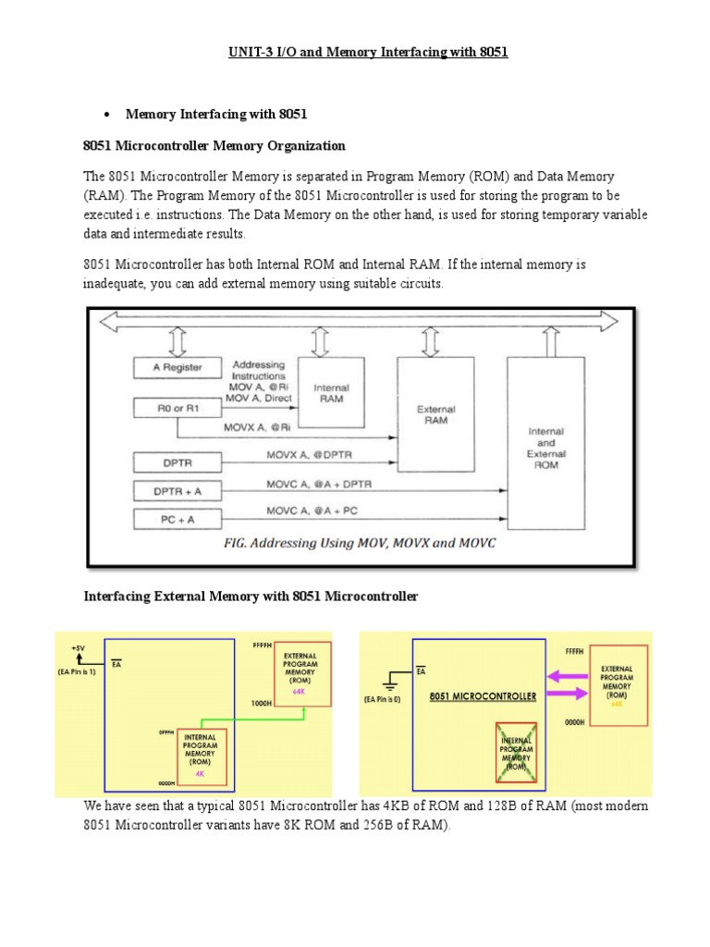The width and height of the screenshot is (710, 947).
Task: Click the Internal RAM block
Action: [x=332, y=394]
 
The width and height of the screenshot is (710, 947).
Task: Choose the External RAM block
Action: [x=435, y=413]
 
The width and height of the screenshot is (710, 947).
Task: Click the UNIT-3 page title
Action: [x=355, y=53]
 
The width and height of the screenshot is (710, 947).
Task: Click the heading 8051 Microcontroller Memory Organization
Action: [x=214, y=145]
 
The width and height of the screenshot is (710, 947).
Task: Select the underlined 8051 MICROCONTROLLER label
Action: [x=483, y=696]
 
